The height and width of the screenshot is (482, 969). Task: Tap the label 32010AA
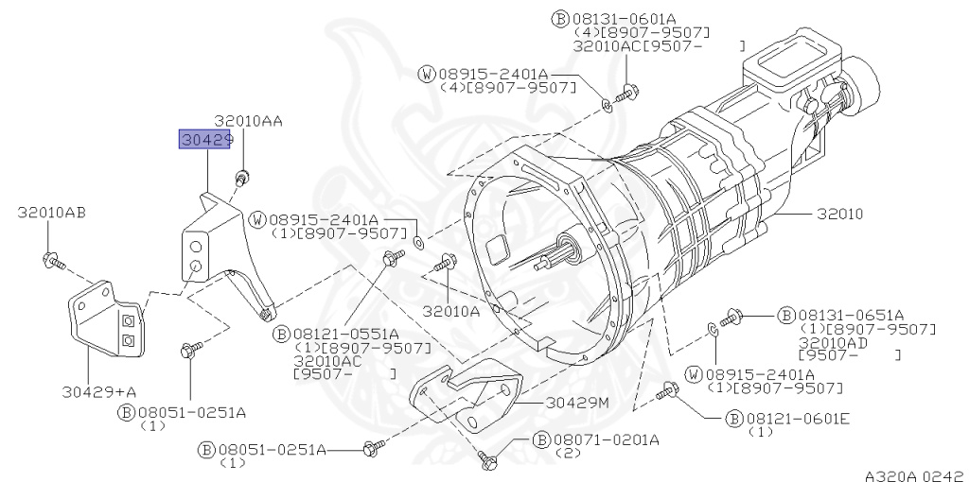click(248, 121)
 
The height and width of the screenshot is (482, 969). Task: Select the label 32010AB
click(51, 212)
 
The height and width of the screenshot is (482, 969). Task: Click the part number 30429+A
click(99, 390)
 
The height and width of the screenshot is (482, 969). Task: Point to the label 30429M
click(577, 403)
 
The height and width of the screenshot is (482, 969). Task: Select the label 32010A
click(451, 310)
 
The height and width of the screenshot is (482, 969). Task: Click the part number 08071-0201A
click(607, 439)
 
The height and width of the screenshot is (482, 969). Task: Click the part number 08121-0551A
click(345, 334)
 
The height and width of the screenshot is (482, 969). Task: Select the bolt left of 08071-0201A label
click(491, 460)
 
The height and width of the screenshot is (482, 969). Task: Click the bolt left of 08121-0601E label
click(669, 389)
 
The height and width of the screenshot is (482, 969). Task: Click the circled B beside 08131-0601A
click(559, 19)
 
